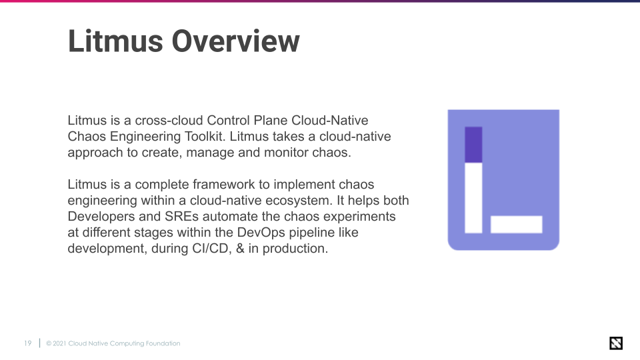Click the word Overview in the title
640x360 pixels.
tap(235, 41)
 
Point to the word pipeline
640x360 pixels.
tap(315, 233)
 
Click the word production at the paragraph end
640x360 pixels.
tap(295, 249)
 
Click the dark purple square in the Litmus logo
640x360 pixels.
tap(473, 145)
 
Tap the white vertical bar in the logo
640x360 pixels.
tap(473, 198)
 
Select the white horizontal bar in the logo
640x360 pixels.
tap(517, 225)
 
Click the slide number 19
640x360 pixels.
tap(27, 343)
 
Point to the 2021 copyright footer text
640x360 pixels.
tap(113, 343)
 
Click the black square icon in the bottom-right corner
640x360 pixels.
tap(616, 343)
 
